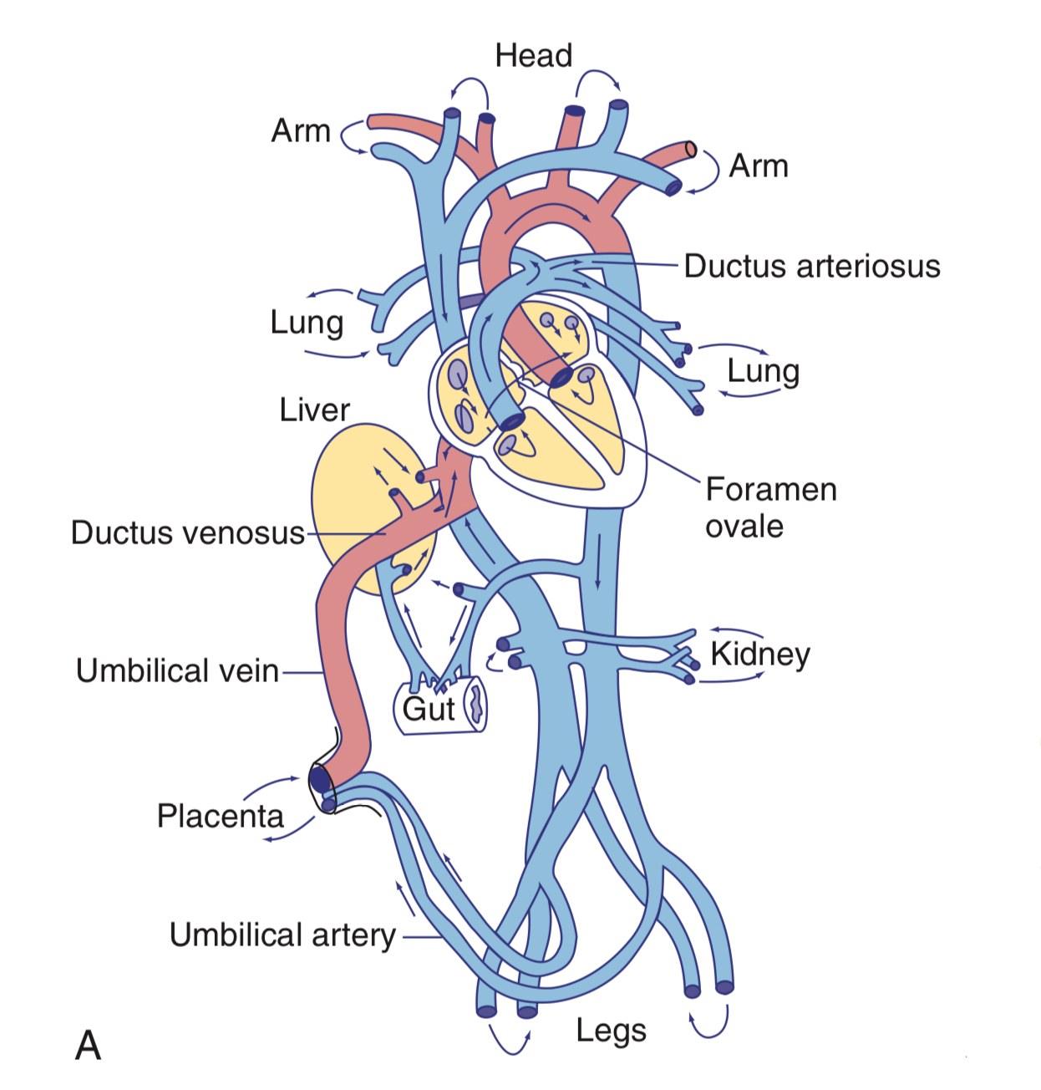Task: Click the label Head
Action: point(533,56)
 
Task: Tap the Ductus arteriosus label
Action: point(811,267)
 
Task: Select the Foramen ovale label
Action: point(770,507)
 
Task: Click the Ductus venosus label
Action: point(188,533)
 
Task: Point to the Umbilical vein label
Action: point(177,671)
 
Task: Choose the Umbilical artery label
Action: point(282,935)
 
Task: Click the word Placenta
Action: point(221,816)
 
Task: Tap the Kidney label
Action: point(760,655)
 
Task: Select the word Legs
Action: point(611,1031)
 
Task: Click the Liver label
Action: point(314,410)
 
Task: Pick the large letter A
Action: point(88,1046)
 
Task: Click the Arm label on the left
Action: point(301,131)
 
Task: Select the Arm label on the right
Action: point(758,166)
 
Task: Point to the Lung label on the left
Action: point(307,323)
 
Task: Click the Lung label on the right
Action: point(763,371)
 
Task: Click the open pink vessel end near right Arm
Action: point(691,149)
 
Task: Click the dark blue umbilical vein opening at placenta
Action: point(321,779)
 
